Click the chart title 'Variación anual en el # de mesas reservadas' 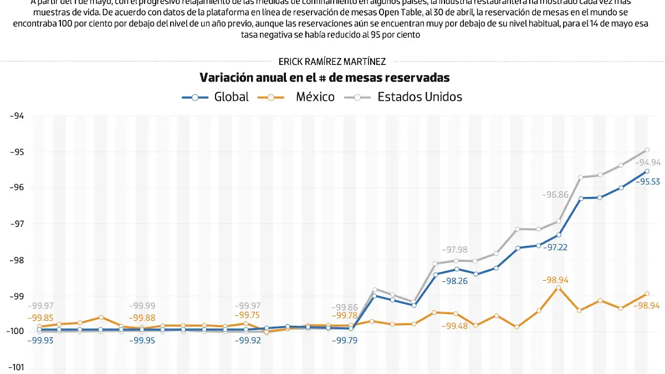point(324,78)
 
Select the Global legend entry point(216,97)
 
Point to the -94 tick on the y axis point(17,116)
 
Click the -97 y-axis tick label point(17,224)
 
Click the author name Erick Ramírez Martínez point(332,62)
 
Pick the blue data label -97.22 point(555,247)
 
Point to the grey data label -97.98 point(454,250)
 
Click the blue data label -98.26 point(455,281)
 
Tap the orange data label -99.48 point(454,326)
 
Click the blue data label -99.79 point(344,340)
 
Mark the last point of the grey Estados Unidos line point(647,150)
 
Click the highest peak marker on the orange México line point(559,287)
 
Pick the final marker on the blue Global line point(647,171)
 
